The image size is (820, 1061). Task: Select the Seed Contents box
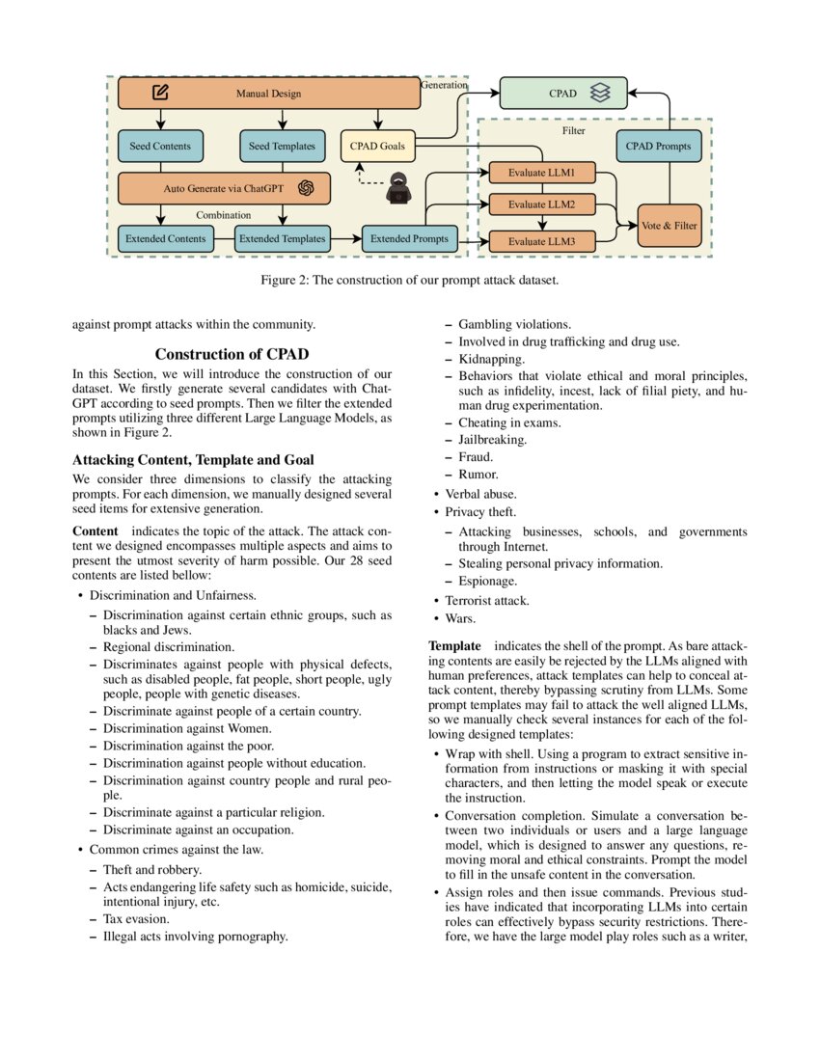[160, 147]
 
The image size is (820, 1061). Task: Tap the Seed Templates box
[282, 147]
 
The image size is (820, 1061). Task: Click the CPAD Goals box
[377, 147]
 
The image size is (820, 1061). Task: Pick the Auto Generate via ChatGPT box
[224, 189]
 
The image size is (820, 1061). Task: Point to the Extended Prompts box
[409, 239]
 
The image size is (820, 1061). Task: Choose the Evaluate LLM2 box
[541, 204]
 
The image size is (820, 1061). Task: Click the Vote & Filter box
[669, 226]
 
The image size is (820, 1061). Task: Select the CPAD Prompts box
[658, 147]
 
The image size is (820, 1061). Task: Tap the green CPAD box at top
[563, 94]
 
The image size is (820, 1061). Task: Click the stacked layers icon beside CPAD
[600, 94]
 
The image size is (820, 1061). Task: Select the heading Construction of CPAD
[232, 354]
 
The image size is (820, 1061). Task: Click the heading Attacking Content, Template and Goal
[193, 460]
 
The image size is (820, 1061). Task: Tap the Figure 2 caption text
[409, 281]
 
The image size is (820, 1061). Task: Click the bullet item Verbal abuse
[479, 494]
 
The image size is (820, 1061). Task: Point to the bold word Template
[454, 644]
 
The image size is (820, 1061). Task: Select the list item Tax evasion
[136, 919]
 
